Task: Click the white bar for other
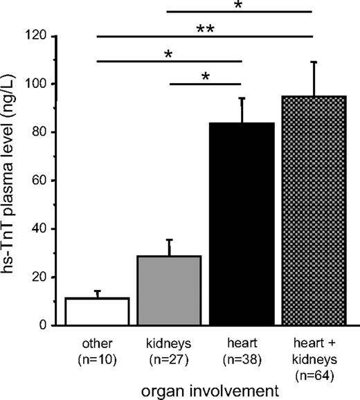(x=97, y=311)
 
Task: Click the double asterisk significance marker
(x=204, y=29)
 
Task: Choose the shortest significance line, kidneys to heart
(x=206, y=84)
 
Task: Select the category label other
(x=97, y=343)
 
